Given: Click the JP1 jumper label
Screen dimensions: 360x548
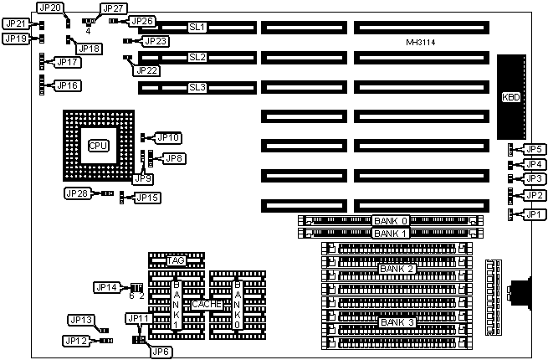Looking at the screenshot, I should (x=533, y=214).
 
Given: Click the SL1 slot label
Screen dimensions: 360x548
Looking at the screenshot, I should (x=197, y=28).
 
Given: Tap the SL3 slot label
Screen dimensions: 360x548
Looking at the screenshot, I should (x=197, y=86).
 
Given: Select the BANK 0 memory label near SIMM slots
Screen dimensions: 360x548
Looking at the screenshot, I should (x=392, y=220).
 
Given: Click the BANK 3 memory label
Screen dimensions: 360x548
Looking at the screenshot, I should (x=396, y=322).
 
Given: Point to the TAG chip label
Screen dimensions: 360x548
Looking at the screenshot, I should (x=176, y=261).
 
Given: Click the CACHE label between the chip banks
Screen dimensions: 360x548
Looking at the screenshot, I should (x=208, y=305).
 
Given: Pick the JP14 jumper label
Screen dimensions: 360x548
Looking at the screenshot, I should (x=107, y=287).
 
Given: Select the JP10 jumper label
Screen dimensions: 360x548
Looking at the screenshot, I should (x=170, y=136).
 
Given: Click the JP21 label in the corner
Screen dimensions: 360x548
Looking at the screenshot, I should (x=16, y=23).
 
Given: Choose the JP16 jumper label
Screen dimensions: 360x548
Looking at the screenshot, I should (x=68, y=85).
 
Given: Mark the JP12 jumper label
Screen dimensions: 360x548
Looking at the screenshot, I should (x=76, y=341).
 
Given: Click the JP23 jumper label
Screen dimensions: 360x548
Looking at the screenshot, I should (x=156, y=40).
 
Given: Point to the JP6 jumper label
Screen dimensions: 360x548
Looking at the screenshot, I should (x=161, y=352).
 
